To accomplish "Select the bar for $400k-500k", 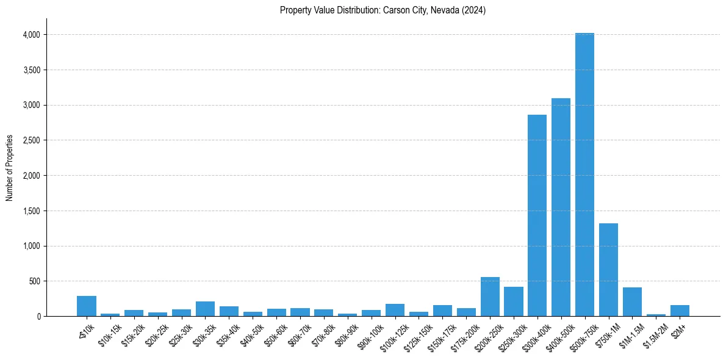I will click(x=561, y=207).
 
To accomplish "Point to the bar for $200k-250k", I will click(x=490, y=297).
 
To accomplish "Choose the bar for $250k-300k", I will click(x=514, y=301).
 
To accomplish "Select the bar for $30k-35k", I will click(x=205, y=309).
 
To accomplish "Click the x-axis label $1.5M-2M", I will click(x=655, y=333).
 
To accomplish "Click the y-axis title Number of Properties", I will click(x=10, y=168).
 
